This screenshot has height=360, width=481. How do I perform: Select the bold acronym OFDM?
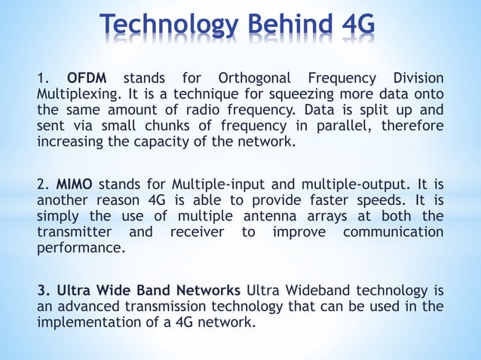pyautogui.click(x=87, y=78)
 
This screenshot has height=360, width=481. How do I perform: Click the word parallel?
pyautogui.click(x=342, y=126)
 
